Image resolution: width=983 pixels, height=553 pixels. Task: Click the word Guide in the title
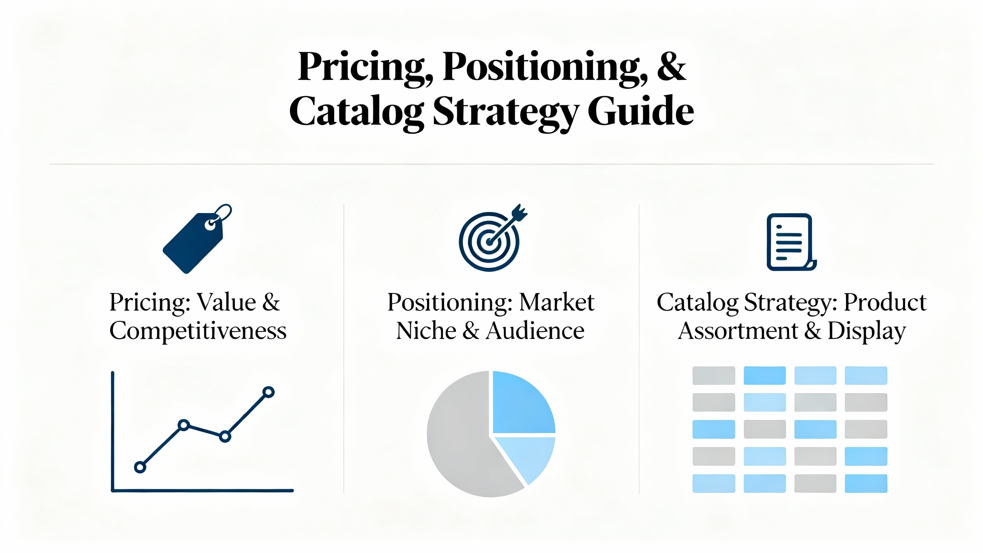640,111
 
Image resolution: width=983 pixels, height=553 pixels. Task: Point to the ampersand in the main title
671,66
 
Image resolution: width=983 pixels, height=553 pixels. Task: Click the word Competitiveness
198,331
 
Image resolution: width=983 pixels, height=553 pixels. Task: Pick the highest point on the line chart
268,392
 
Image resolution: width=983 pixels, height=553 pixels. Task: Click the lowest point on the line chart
140,467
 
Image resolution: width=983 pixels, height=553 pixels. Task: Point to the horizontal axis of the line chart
202,490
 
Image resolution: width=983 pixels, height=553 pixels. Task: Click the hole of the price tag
210,225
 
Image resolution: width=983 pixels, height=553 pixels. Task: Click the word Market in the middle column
557,302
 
